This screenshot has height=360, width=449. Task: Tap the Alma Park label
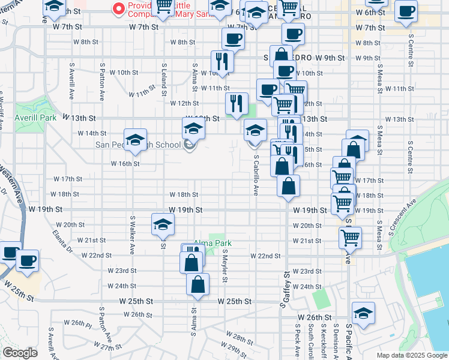212,243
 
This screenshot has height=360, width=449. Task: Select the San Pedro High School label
138,145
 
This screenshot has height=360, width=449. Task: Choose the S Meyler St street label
224,268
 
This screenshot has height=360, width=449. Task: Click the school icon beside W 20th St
163,224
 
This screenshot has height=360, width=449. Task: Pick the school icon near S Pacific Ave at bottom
363,313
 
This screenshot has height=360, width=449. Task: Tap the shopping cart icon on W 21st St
350,237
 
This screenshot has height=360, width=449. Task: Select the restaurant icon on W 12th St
237,103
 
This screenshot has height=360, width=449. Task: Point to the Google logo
20,353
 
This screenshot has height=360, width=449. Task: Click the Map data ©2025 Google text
411,355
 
